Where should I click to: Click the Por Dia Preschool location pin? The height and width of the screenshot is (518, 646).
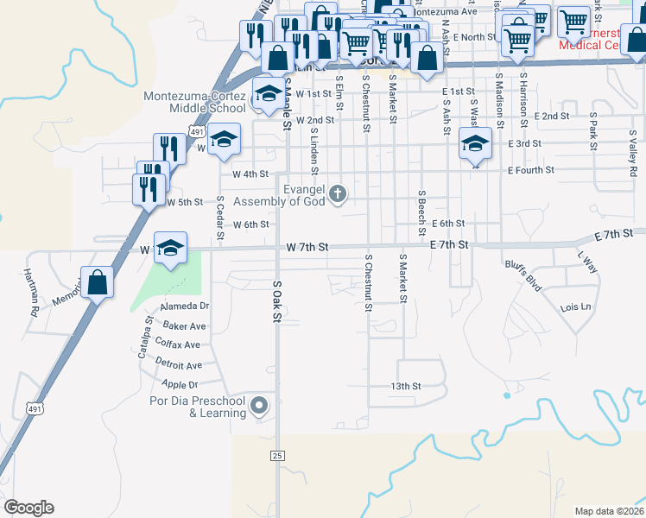click(x=258, y=405)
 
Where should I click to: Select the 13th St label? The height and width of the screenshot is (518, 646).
click(x=406, y=387)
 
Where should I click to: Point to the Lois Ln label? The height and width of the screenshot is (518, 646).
click(x=576, y=307)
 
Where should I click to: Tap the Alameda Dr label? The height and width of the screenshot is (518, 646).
click(x=185, y=306)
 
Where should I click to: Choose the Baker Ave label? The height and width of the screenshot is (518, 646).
click(x=185, y=326)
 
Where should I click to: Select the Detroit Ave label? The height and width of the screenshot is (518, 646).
click(x=179, y=365)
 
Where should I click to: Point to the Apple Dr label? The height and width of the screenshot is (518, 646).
click(x=180, y=384)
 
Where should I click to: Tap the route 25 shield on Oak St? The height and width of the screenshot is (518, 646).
click(x=276, y=455)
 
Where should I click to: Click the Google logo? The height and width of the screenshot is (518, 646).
click(x=28, y=508)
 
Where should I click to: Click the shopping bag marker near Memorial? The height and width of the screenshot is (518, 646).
click(x=98, y=281)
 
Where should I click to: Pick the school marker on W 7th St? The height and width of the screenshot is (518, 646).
click(x=171, y=249)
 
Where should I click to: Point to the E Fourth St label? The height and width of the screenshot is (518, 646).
click(x=530, y=171)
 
